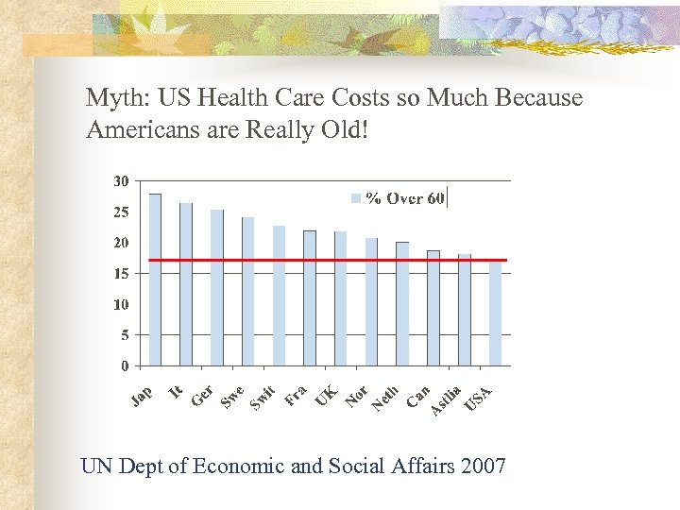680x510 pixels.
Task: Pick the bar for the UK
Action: (x=340, y=298)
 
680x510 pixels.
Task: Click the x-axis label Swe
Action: (x=232, y=398)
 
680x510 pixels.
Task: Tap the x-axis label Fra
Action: (x=296, y=395)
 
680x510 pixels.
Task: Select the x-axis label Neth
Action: (x=386, y=398)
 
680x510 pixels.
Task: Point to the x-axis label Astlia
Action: (x=446, y=400)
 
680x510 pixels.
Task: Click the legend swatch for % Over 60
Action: (x=356, y=198)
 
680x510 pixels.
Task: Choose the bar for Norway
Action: (x=371, y=301)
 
